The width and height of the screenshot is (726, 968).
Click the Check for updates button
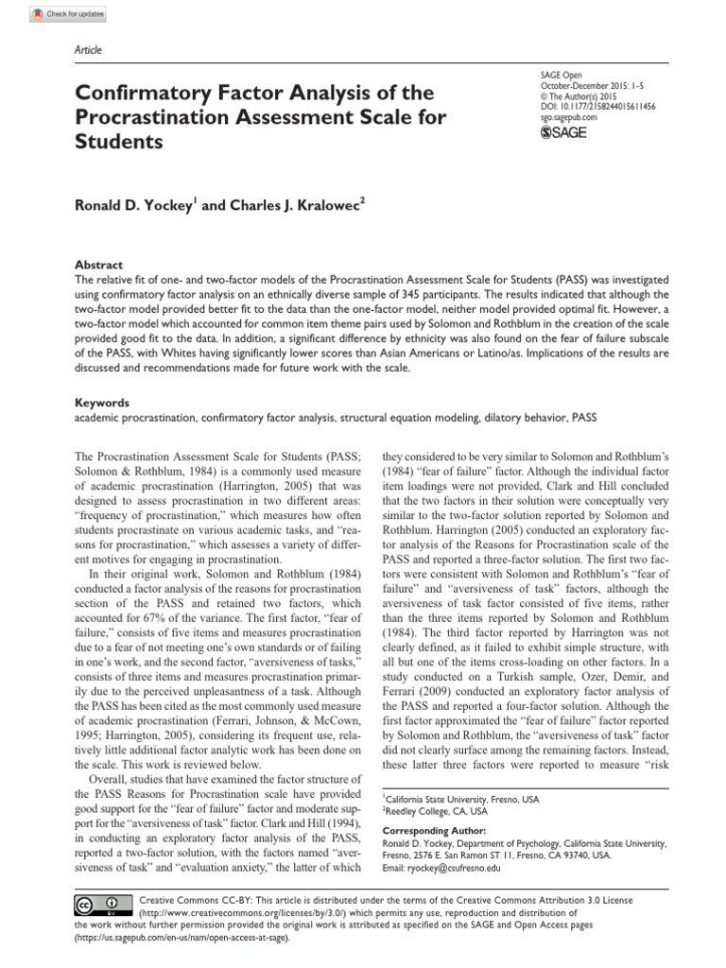coord(68,15)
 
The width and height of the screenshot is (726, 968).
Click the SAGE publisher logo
coord(562,132)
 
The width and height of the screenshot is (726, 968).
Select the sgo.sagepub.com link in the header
coord(563,118)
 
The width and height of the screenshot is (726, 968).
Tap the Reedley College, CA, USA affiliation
coord(434,811)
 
